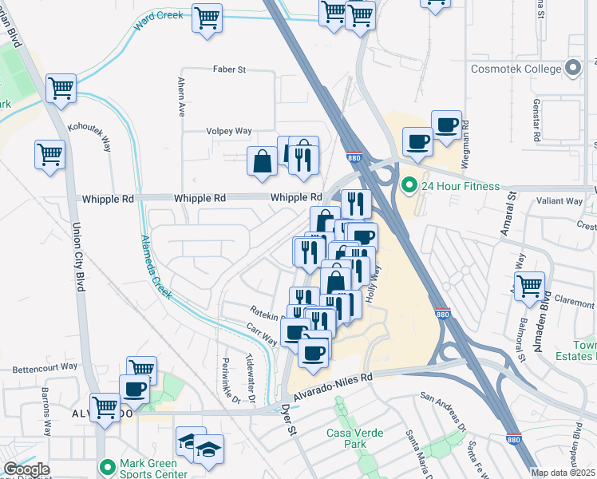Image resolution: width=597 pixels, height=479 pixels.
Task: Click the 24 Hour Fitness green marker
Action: point(410,187)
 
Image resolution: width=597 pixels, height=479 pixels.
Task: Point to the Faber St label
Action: point(229,69)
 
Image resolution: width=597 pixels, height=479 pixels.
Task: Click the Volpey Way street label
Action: point(229,131)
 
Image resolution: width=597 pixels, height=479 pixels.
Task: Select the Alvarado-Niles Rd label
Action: point(333,382)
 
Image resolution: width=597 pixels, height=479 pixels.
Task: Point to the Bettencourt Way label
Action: point(45,366)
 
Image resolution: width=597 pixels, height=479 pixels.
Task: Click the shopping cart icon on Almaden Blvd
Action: point(529,286)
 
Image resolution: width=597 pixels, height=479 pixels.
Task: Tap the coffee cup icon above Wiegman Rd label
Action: point(446,125)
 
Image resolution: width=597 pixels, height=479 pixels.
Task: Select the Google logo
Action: point(26,469)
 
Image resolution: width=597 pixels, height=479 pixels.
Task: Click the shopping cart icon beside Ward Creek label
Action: point(207,18)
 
